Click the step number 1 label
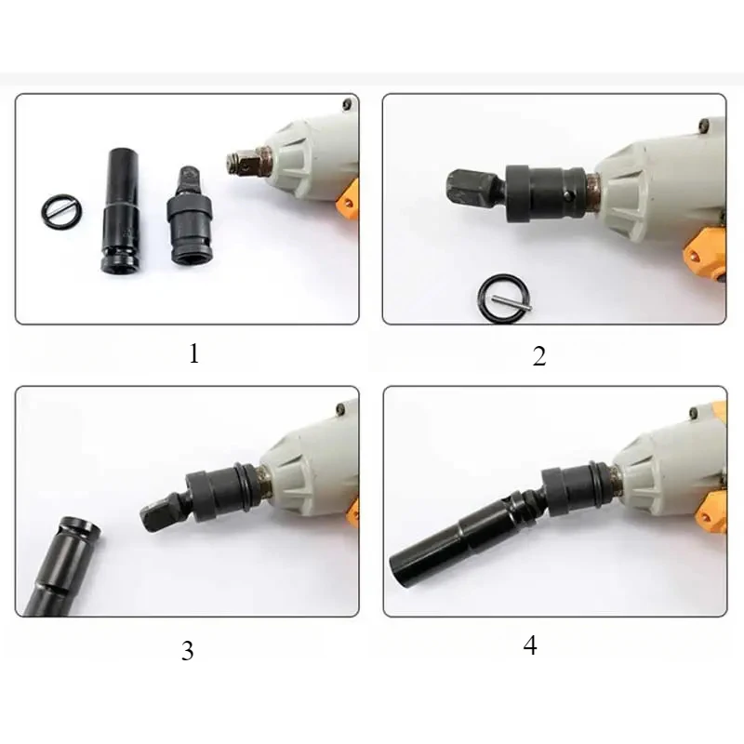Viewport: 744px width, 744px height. coord(193,353)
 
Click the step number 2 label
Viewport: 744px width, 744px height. coord(539,356)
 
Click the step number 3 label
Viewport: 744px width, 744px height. coord(188,650)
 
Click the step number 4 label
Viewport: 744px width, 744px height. coord(530,645)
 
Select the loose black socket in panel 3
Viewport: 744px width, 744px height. coord(61,567)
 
